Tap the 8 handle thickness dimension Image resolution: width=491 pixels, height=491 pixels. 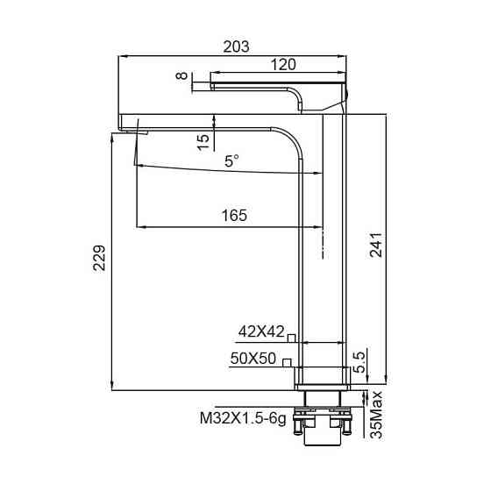pos(182,78)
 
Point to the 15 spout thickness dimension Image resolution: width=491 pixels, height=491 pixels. pos(203,140)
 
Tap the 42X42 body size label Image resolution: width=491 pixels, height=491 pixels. pos(261,331)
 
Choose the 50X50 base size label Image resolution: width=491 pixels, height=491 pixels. pos(253,359)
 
